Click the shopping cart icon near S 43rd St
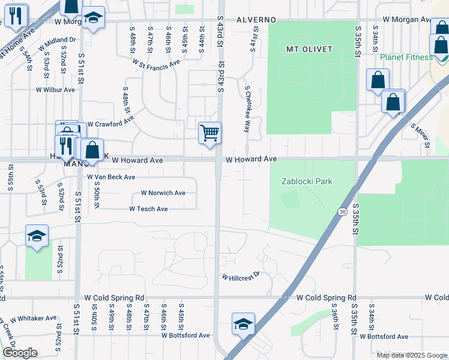coord(209,133)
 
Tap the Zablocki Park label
coord(307,181)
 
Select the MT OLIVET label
coord(309,49)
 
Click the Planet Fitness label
coord(406,57)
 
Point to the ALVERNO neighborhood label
coord(256,19)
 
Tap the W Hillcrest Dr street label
coord(241,276)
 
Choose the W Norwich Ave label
coord(163,193)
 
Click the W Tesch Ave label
coord(148,209)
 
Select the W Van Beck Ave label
coord(111,177)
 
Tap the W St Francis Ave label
coord(156,62)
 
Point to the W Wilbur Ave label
coord(55,90)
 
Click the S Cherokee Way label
coord(247,108)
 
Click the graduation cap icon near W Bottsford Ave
coord(243,324)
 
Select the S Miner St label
coord(420,135)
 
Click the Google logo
coord(20,353)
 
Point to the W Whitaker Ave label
coord(34,318)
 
